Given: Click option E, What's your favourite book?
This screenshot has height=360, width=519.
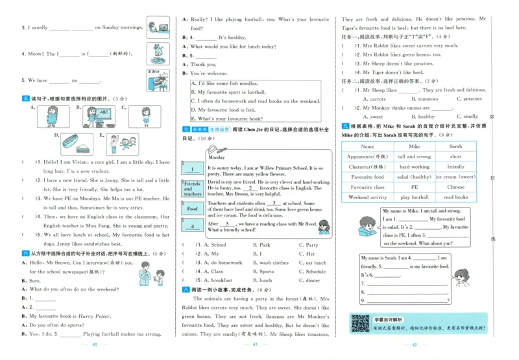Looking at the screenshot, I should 226,119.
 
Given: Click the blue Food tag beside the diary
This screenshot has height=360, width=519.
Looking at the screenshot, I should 193,209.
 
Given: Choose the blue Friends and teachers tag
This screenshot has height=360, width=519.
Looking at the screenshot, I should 193,189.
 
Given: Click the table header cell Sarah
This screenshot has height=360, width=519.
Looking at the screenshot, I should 456,147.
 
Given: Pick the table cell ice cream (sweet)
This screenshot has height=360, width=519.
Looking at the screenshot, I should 456,176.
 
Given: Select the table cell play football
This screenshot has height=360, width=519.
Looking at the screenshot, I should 415,197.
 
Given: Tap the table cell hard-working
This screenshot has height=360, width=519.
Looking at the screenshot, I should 415,167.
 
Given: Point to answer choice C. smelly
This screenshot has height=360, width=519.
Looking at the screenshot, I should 466,117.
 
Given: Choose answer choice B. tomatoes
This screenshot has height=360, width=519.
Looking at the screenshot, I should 420,99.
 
